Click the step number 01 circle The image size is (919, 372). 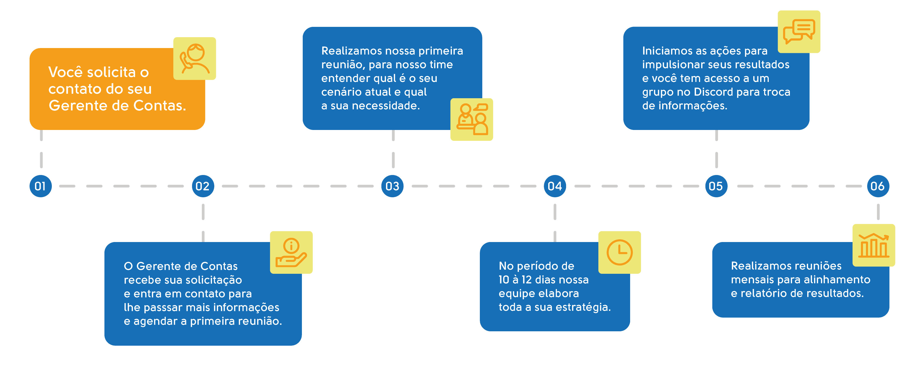coord(41,186)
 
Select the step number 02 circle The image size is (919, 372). coord(203,186)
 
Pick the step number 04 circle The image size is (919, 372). coord(555,186)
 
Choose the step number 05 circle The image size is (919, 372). coord(716,186)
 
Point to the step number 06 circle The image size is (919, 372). coord(878,186)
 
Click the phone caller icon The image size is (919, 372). coord(195,59)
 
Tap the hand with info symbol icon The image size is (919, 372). coord(291,252)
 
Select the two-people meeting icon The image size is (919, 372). coord(472,119)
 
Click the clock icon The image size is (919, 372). coord(619,252)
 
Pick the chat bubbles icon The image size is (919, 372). coord(799,32)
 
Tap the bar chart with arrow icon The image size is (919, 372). coord(874,245)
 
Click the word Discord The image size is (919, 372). coord(713,92)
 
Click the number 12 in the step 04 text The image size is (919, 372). coord(526,280)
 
